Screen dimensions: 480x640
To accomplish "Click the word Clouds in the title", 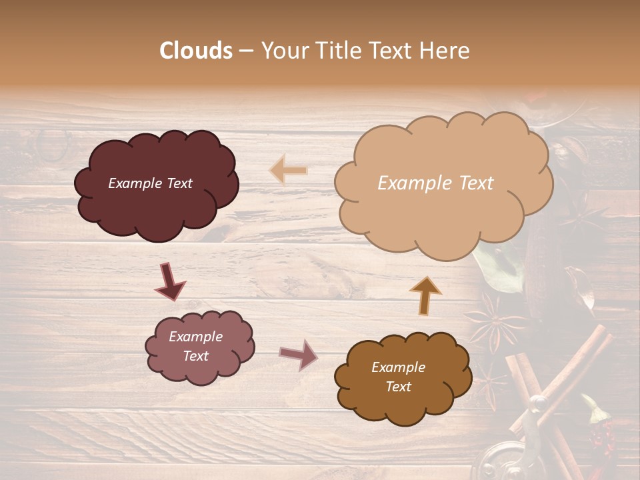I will pos(196,51).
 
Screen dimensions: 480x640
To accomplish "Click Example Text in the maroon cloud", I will pos(150,183).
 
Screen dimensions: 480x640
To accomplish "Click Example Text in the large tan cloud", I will pos(435,183).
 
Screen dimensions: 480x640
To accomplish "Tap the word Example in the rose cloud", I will pos(195,337).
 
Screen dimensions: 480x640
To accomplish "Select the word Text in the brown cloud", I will pos(398,387).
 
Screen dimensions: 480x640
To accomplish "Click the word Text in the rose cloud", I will pos(195,356).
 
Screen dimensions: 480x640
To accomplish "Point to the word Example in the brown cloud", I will pos(398,367).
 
